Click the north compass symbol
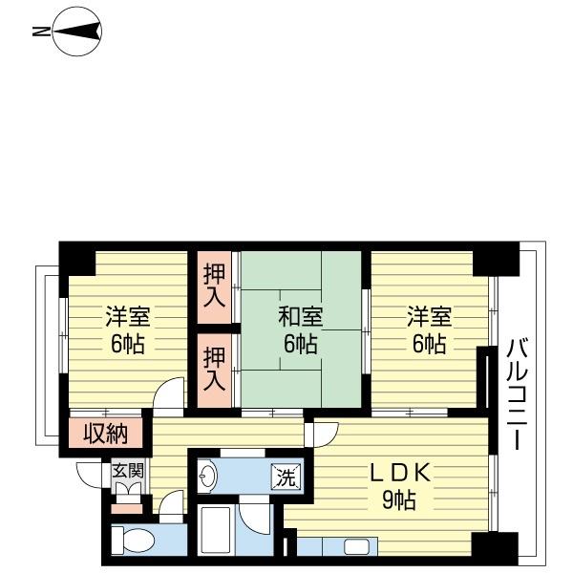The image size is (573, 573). [x=77, y=32]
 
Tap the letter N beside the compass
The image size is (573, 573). [x=41, y=32]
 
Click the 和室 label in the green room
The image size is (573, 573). [x=301, y=317]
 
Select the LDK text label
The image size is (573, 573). [x=400, y=474]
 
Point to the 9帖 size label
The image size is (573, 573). [x=399, y=499]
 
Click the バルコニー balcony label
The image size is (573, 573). [x=517, y=393]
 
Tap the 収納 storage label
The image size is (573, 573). [x=106, y=434]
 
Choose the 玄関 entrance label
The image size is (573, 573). [x=128, y=472]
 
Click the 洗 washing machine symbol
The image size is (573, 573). [x=286, y=477]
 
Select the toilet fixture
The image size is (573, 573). [x=133, y=541]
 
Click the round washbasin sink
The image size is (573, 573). [x=207, y=477]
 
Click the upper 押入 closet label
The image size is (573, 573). [x=214, y=286]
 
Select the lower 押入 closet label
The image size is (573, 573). [x=214, y=368]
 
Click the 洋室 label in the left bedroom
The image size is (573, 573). [x=128, y=316]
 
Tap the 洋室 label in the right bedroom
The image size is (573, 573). [x=430, y=316]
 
